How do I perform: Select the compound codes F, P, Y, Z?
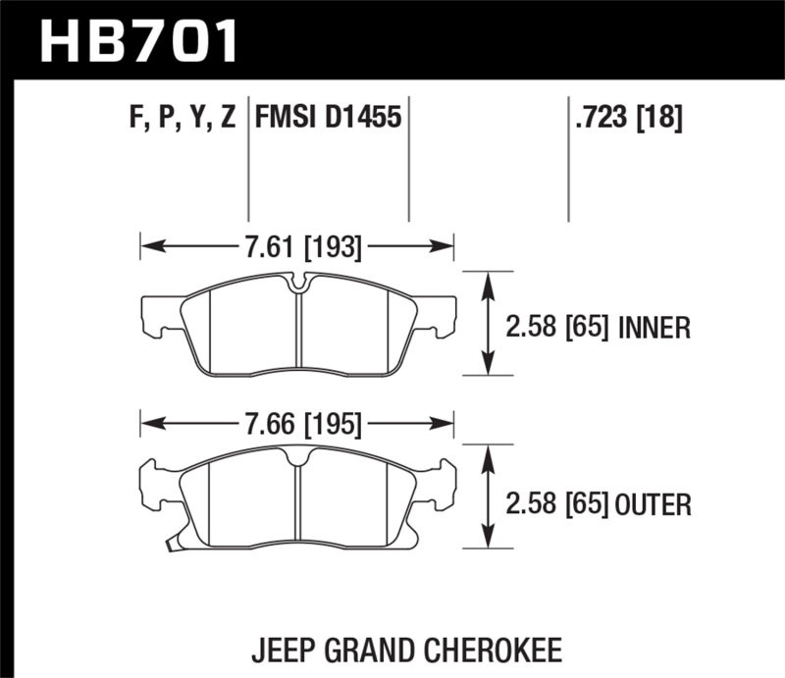click(x=181, y=119)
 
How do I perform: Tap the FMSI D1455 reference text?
click(x=328, y=119)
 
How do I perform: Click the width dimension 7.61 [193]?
click(x=298, y=248)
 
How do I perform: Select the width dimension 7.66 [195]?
click(x=298, y=425)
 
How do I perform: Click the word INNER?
click(x=655, y=328)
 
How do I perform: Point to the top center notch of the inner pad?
click(x=298, y=285)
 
